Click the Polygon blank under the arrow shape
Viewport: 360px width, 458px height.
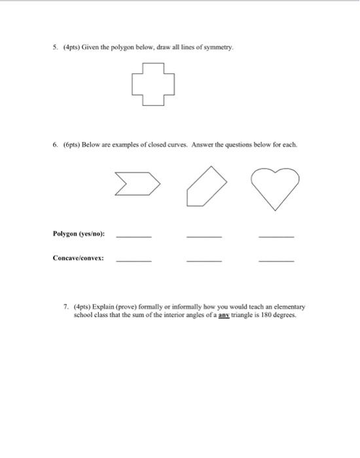pos(134,236)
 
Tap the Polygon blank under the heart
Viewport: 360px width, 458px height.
pos(276,236)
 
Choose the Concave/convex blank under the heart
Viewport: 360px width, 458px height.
pos(276,260)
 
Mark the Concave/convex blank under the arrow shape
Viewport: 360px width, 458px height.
pos(134,260)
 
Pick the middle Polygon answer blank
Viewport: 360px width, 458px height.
pos(204,236)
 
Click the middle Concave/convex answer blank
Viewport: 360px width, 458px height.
pos(204,260)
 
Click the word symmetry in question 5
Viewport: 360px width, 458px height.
pos(219,48)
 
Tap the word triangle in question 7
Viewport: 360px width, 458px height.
pos(256,315)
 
